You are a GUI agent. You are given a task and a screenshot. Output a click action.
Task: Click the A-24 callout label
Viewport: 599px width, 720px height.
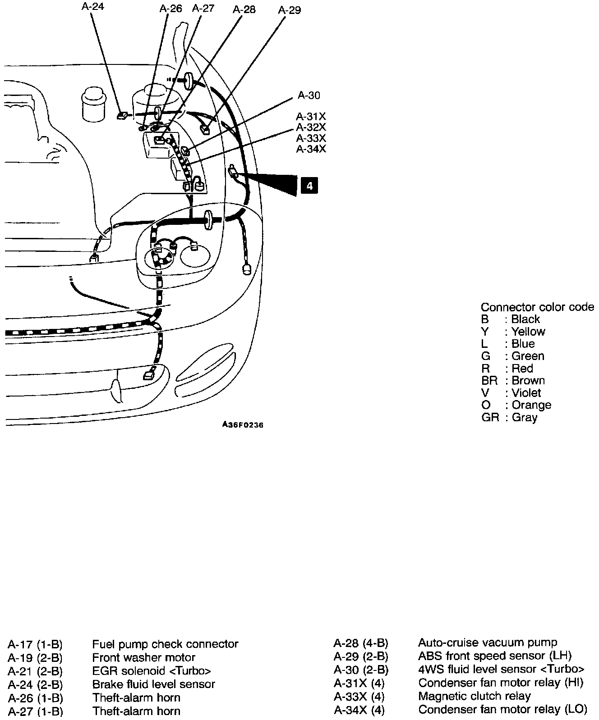tap(93, 7)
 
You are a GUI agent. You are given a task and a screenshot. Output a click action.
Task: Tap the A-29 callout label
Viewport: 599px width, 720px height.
tap(290, 9)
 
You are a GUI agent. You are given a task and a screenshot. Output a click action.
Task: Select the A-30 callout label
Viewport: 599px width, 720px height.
tap(309, 95)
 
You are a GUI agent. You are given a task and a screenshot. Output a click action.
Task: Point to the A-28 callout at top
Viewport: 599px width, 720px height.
tap(244, 9)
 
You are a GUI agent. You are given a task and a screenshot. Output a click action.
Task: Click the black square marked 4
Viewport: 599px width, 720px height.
tap(309, 185)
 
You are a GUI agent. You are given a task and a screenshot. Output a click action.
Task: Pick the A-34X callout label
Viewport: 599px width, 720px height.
tap(311, 149)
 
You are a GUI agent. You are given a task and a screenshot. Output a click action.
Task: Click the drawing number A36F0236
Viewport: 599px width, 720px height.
tap(243, 425)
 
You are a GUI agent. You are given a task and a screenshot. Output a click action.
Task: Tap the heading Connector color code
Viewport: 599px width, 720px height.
tap(537, 307)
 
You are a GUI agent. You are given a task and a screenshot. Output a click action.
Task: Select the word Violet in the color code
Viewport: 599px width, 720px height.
tap(526, 393)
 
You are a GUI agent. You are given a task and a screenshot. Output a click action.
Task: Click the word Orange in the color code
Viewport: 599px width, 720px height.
tap(531, 405)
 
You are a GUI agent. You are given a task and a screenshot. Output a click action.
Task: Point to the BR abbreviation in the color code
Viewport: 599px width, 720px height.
tap(489, 381)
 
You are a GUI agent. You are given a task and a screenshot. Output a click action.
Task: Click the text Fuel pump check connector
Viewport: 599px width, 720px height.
tap(165, 644)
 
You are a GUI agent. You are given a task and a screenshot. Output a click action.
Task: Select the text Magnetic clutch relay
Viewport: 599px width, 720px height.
tap(475, 696)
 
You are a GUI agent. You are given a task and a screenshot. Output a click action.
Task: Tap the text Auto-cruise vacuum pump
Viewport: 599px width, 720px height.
tap(488, 643)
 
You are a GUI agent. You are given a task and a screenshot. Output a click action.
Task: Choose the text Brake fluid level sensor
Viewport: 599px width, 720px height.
tap(154, 684)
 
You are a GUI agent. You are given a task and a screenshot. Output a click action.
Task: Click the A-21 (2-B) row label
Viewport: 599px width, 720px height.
tap(35, 671)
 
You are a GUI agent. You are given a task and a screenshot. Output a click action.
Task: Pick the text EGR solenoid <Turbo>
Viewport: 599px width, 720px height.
tap(152, 671)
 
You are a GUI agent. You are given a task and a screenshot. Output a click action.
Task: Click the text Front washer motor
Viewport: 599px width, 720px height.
tap(144, 658)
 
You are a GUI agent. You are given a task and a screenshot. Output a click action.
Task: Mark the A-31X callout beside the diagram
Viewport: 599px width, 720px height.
tap(311, 116)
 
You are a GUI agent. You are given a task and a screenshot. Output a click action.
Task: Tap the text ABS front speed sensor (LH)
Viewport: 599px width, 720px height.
tap(495, 656)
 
